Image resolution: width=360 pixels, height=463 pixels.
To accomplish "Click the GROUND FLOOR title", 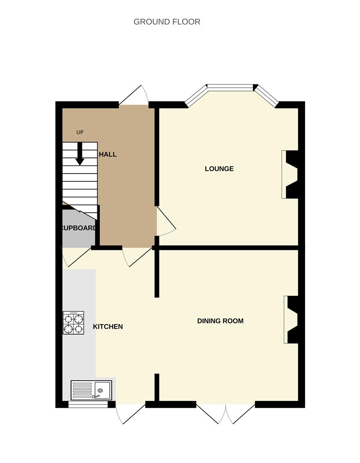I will (x=167, y=22).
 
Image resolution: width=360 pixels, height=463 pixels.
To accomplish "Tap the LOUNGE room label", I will (x=219, y=169).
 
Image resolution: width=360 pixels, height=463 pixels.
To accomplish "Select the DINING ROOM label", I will (x=220, y=321).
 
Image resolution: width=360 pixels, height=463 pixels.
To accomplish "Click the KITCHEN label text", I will (x=108, y=327).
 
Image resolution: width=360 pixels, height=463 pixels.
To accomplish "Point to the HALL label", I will (x=108, y=154).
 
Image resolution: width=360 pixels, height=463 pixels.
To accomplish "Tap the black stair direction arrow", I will (x=80, y=154).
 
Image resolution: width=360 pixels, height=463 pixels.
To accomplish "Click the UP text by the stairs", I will (x=80, y=132).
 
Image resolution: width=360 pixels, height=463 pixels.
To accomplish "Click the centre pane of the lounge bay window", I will (x=231, y=88).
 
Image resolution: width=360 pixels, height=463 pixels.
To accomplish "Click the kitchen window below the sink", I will (x=88, y=404).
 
